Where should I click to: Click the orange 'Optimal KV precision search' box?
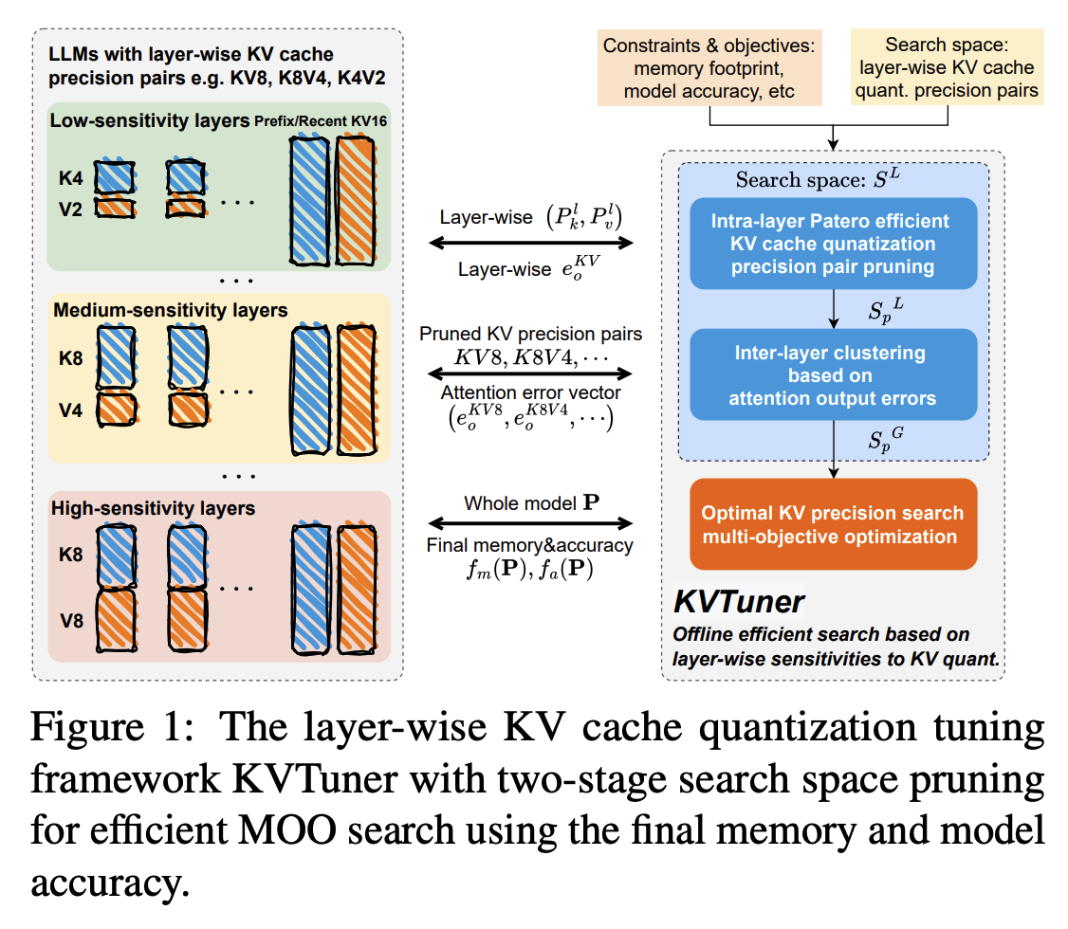point(833,524)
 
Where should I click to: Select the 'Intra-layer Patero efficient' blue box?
point(833,244)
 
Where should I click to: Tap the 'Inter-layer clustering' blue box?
point(833,375)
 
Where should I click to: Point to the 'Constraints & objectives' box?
point(709,68)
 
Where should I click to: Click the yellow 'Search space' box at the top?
point(947,66)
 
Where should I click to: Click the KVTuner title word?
point(738,602)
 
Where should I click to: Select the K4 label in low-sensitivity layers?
point(70,178)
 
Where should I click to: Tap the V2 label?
point(70,209)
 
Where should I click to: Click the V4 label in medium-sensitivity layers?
point(70,410)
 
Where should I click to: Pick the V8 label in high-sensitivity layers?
point(71,621)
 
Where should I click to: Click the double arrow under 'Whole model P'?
point(530,522)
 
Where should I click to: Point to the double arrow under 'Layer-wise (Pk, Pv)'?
point(530,243)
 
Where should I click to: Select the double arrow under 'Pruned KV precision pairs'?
point(530,373)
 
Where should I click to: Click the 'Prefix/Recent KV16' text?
point(321,121)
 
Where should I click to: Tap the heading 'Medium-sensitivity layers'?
point(171,310)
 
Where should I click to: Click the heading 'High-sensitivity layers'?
point(154,508)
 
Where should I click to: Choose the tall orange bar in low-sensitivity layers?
point(356,201)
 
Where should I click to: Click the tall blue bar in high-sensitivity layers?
point(312,590)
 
